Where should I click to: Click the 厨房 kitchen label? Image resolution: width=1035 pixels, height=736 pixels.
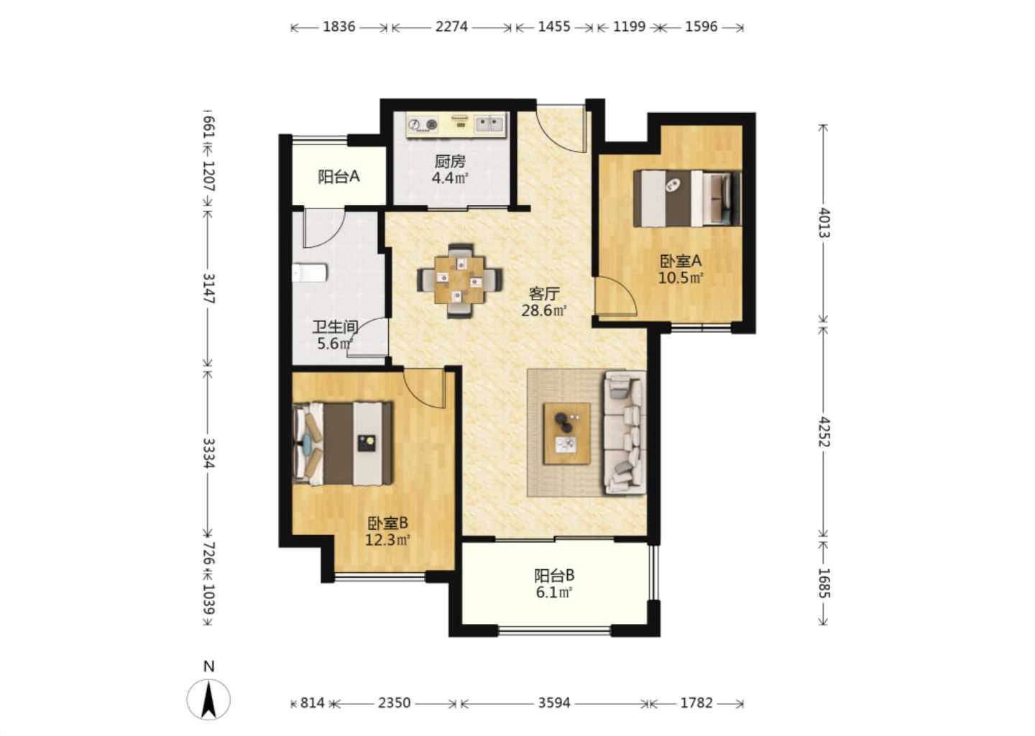tap(450, 162)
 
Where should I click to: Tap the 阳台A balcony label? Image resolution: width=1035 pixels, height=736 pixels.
tap(339, 177)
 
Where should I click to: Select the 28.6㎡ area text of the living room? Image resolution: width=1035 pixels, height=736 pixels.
tap(544, 310)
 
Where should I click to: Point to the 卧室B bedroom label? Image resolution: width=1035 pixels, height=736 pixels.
tap(387, 523)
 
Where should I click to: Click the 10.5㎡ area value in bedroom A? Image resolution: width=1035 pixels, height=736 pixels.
tap(681, 278)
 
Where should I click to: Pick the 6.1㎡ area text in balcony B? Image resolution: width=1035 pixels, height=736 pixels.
tap(554, 592)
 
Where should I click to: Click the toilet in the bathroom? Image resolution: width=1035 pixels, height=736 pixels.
tap(310, 272)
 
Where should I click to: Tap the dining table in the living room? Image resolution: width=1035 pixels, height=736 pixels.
tap(460, 280)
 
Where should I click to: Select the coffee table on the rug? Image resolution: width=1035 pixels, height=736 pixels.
tap(567, 433)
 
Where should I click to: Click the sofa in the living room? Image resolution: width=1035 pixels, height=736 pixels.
tap(624, 433)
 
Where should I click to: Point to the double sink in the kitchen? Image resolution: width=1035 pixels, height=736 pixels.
tap(489, 124)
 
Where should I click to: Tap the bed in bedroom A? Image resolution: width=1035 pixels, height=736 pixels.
tap(687, 198)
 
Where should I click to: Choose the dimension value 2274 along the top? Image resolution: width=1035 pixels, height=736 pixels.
tap(451, 27)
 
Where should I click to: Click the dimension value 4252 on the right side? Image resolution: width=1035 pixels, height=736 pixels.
tap(824, 433)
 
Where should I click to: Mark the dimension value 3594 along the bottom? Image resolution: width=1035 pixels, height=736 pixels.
tap(554, 703)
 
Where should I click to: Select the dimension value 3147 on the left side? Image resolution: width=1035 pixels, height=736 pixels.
tap(209, 288)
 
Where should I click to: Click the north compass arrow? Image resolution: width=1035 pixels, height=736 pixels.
tap(209, 699)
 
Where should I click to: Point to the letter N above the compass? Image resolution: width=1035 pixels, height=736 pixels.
tap(209, 666)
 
